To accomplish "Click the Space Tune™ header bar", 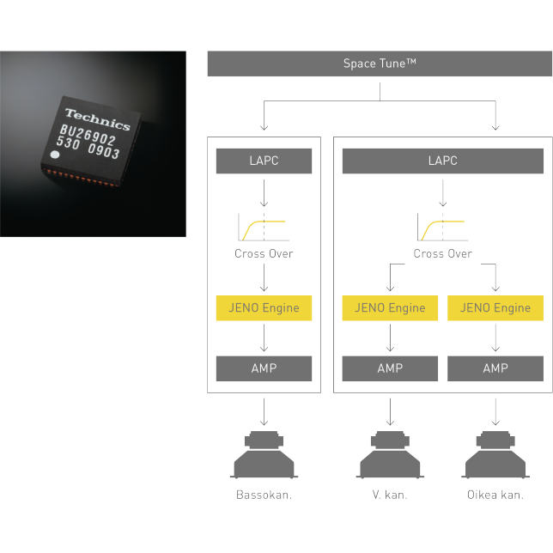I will (x=380, y=64).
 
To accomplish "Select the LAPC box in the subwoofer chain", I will (x=264, y=161).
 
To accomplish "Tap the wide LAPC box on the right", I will (x=442, y=161).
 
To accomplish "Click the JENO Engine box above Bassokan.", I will (x=264, y=308).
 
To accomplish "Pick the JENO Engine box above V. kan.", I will (x=390, y=308).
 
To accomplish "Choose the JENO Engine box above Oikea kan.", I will (x=495, y=308).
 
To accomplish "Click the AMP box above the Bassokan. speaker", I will (x=264, y=368).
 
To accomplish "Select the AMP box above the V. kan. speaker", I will (x=390, y=368).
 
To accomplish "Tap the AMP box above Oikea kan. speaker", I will (x=495, y=368).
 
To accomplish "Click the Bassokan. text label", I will (x=264, y=495).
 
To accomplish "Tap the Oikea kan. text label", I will (x=495, y=495).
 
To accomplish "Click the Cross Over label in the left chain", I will (x=264, y=254).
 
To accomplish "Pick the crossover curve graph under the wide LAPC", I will (x=441, y=228).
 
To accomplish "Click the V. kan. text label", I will (x=390, y=495).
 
